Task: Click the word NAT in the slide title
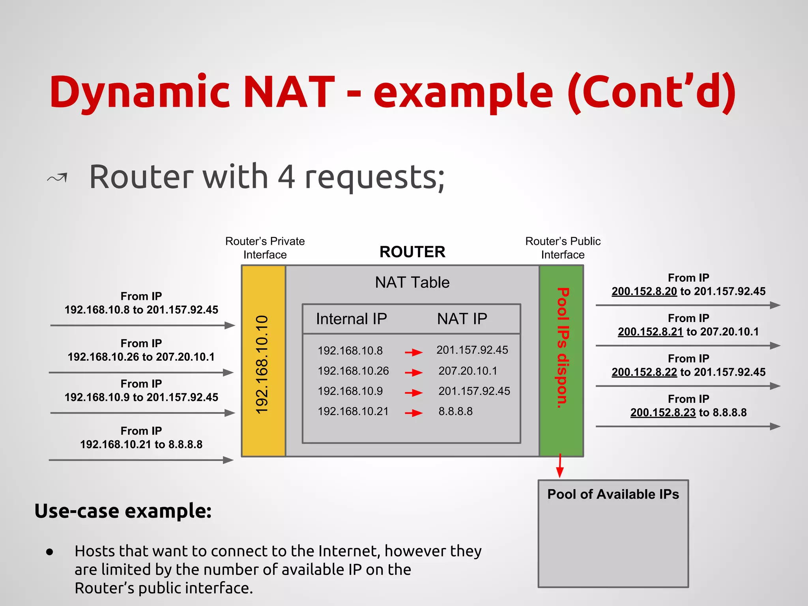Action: click(x=289, y=92)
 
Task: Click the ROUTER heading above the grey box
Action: click(x=412, y=252)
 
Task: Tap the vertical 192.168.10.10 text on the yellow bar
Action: click(x=262, y=364)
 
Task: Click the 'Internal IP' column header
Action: click(x=351, y=319)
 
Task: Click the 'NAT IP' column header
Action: click(x=462, y=319)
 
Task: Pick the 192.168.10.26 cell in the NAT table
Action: click(x=353, y=371)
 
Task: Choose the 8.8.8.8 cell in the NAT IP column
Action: click(x=455, y=411)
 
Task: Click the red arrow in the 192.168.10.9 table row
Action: click(x=413, y=393)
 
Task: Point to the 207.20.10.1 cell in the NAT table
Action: click(x=468, y=371)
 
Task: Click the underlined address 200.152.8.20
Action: click(x=644, y=292)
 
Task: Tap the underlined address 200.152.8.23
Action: click(x=662, y=413)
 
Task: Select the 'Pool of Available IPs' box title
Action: click(x=613, y=494)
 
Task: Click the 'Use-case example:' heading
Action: click(x=123, y=511)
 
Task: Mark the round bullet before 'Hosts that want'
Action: click(x=49, y=552)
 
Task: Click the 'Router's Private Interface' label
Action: click(x=265, y=248)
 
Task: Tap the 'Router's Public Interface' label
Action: click(x=563, y=248)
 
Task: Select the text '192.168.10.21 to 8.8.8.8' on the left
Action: click(x=141, y=445)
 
